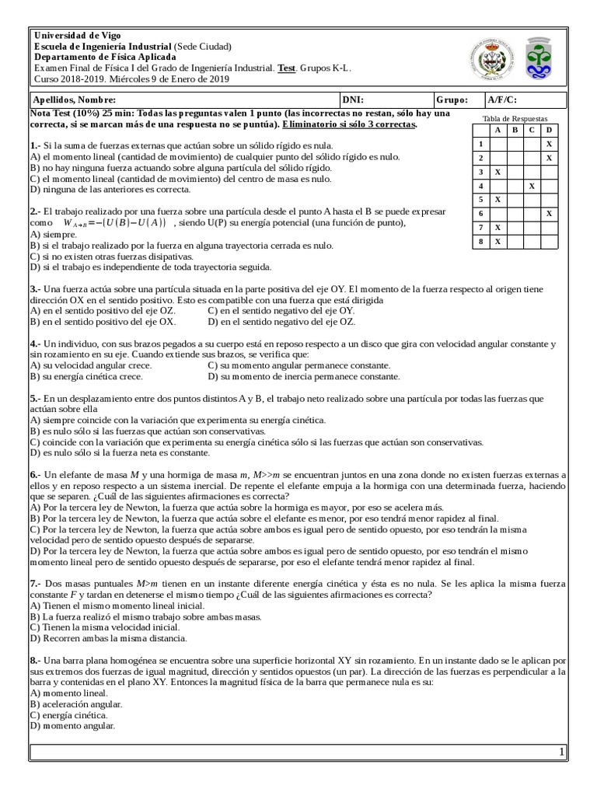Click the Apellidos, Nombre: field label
[x=73, y=99]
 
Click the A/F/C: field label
[x=501, y=99]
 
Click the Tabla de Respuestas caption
[x=515, y=118]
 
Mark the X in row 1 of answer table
[x=549, y=144]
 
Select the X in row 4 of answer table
[x=532, y=186]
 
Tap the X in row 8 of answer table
[x=497, y=242]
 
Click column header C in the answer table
[x=532, y=130]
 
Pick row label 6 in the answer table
[x=481, y=214]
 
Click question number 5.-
[x=35, y=398]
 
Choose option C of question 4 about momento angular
[x=299, y=365]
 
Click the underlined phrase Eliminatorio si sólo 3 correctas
[x=350, y=124]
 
